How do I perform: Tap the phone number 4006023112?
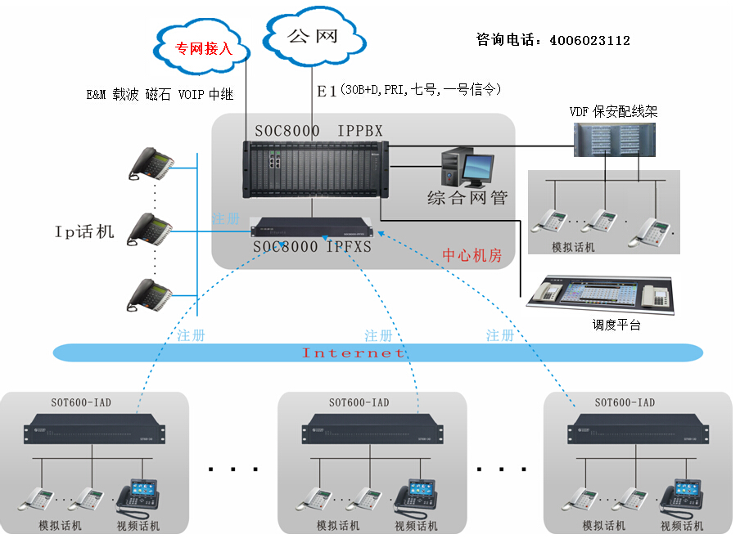[x=589, y=39]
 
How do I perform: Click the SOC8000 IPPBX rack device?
[x=315, y=169]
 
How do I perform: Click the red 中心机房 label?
[x=472, y=254]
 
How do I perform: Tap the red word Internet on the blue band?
[x=354, y=353]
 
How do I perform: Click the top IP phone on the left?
[x=151, y=164]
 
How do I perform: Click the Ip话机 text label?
[x=84, y=231]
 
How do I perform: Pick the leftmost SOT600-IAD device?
[x=94, y=428]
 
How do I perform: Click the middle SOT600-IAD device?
[x=372, y=428]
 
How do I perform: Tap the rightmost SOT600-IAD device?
[x=638, y=428]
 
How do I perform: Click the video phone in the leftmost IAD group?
[x=138, y=496]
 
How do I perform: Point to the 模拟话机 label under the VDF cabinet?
[x=573, y=247]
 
